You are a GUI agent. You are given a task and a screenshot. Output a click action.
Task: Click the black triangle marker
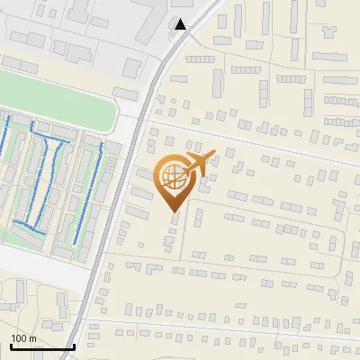coord(181,24)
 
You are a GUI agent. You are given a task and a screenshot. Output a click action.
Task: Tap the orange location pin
coord(176,181)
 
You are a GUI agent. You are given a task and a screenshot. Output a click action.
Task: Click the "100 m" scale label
coord(23,338)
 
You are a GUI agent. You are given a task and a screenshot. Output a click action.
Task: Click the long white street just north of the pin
coord(261,144)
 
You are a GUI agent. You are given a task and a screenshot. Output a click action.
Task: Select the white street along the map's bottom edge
coord(225,328)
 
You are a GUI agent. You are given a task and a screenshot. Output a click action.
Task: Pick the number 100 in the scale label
coord(19,338)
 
